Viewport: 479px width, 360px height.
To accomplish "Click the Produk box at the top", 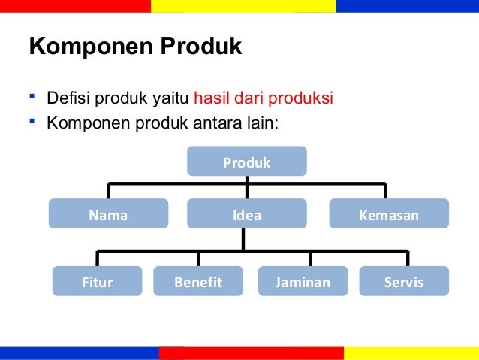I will click(246, 162).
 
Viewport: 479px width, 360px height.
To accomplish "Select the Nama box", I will click(108, 216).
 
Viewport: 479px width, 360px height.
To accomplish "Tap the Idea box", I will click(246, 216).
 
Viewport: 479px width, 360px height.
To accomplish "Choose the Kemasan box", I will click(389, 216).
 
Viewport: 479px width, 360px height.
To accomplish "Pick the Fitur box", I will click(97, 283).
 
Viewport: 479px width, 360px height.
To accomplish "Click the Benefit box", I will click(198, 283).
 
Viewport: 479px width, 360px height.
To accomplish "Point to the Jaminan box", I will click(303, 283).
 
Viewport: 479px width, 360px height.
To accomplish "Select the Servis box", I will click(404, 283).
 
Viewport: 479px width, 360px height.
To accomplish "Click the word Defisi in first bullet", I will click(66, 99).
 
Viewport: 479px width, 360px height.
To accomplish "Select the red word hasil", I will click(211, 99).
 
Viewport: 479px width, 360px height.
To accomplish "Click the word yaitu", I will click(173, 99).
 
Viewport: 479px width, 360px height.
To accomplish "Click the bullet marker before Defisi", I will click(33, 98).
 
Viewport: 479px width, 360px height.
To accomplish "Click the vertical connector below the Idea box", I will click(243, 239).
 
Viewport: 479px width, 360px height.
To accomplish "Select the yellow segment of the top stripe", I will click(243, 6).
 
